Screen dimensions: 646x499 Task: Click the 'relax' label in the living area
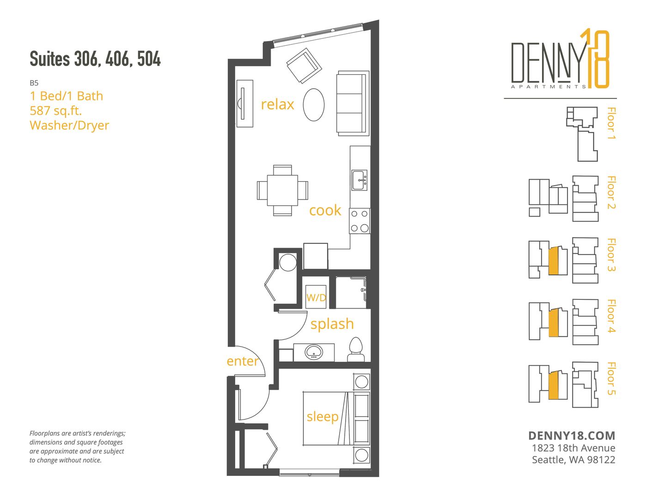point(277,104)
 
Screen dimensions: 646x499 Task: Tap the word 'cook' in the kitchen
point(325,210)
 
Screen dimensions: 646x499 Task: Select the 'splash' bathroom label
point(332,323)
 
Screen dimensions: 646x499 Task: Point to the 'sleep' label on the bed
point(323,416)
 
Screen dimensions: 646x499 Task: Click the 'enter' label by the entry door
point(242,361)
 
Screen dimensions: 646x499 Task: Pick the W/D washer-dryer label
point(316,298)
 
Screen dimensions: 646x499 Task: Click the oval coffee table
point(314,104)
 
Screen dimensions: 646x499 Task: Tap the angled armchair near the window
point(304,66)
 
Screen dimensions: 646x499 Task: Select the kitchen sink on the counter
point(360,180)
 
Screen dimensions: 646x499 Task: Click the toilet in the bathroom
point(356,349)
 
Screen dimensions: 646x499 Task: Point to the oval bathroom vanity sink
point(314,352)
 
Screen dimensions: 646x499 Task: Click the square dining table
point(282,190)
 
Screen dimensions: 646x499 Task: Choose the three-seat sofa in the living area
point(353,103)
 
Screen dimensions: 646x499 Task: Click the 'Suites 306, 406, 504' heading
point(95,59)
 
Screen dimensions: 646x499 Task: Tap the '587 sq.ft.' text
point(55,110)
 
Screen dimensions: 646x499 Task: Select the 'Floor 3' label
point(611,255)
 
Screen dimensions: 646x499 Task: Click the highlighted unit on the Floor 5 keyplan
point(553,385)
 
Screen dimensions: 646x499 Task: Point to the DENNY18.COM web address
point(572,436)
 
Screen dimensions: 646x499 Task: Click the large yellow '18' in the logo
point(595,58)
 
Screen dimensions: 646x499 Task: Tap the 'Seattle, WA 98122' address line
point(573,460)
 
